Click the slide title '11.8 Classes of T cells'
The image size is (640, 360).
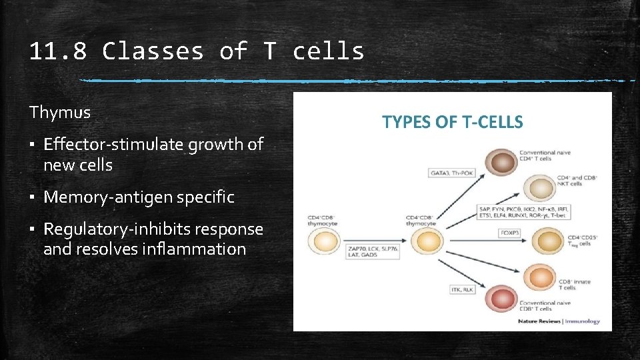(197, 51)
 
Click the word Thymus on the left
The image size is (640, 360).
(60, 113)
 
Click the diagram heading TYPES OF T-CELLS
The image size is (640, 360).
(452, 122)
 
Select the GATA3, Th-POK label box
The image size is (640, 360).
(452, 173)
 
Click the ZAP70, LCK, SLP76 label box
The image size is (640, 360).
(373, 252)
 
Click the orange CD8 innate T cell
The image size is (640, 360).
(540, 277)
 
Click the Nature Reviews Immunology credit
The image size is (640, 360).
(559, 321)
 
